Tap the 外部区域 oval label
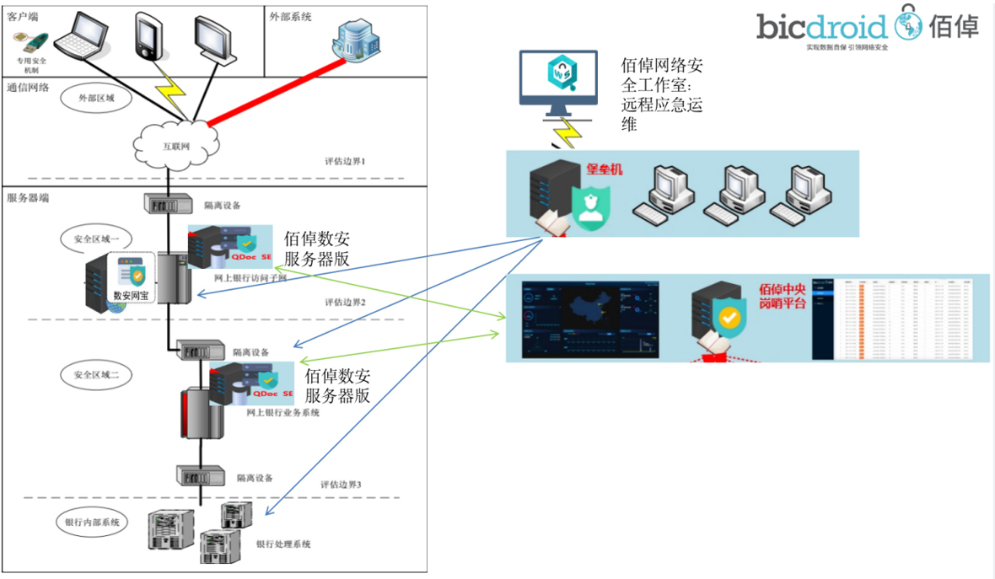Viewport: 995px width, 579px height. pos(95,98)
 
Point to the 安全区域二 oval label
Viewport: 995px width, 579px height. pos(95,375)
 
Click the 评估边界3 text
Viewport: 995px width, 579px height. pos(341,485)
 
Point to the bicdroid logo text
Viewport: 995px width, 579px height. pos(821,27)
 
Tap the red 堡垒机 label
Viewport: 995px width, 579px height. pos(604,169)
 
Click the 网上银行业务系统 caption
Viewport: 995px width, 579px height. pos(282,413)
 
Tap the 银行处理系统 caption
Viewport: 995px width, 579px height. pos(283,544)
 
